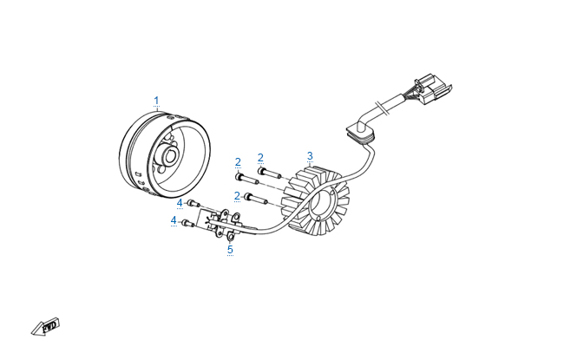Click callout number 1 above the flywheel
(x=157, y=101)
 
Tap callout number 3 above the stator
(x=310, y=156)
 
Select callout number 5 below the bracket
(x=230, y=250)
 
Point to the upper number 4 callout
(x=180, y=203)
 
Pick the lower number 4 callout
(x=174, y=221)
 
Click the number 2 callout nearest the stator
(x=260, y=158)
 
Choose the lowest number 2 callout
(x=237, y=195)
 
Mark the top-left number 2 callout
(x=238, y=162)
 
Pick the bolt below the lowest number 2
(x=252, y=199)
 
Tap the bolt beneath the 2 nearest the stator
(x=266, y=172)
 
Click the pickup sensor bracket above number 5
(x=222, y=222)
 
